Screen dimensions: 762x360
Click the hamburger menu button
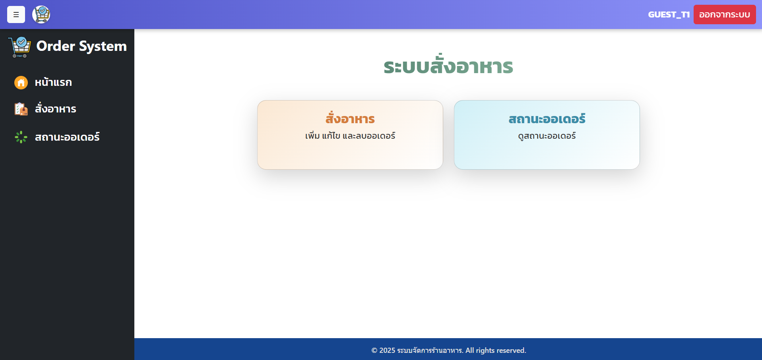click(x=16, y=15)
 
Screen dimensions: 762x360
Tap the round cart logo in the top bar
click(x=41, y=15)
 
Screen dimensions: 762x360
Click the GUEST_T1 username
click(x=669, y=15)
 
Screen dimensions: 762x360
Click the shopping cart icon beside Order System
click(x=19, y=47)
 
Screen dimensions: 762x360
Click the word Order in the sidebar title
click(x=56, y=46)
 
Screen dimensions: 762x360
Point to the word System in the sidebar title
click(x=103, y=46)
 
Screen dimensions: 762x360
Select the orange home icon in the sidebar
click(x=21, y=83)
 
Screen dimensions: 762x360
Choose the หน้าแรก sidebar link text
click(x=53, y=82)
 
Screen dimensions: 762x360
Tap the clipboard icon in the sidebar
click(x=21, y=109)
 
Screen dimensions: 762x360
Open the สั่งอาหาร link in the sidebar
click(x=56, y=108)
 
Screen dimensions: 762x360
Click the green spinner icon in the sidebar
click(x=21, y=137)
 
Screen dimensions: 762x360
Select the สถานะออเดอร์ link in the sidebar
click(x=67, y=137)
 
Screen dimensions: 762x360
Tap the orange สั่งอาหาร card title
click(x=350, y=118)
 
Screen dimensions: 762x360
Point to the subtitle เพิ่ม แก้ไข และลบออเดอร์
click(x=350, y=135)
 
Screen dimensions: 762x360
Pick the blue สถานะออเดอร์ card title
click(x=547, y=118)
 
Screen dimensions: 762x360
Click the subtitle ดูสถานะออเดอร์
click(x=547, y=136)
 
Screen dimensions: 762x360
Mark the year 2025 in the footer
click(x=387, y=350)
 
